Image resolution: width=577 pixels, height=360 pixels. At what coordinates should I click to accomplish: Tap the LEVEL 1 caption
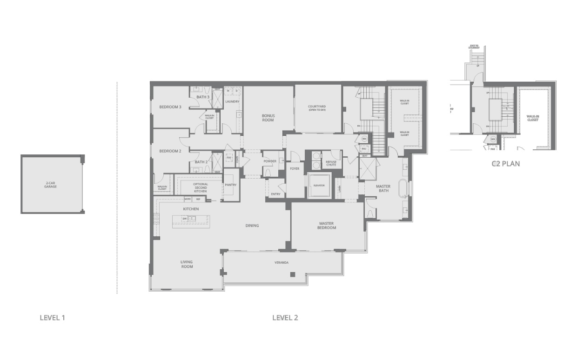coord(52,318)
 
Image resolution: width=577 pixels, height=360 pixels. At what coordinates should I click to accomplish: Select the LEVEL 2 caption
coord(285,318)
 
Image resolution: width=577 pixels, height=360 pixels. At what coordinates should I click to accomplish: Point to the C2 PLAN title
coord(505,164)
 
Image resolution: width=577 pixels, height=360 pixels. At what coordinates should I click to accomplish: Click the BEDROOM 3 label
coord(170,107)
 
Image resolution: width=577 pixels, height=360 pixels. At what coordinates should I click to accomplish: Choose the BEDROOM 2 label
coord(170,151)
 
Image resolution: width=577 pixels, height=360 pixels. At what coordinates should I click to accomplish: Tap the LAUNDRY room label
coord(232,101)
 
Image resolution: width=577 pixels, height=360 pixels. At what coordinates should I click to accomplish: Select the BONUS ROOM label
coord(268,118)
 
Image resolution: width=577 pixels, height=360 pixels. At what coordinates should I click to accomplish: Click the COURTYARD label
coord(317,108)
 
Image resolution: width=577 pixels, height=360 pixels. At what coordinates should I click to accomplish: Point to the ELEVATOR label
coord(319,185)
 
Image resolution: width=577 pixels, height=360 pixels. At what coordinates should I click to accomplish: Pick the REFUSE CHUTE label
coord(331,163)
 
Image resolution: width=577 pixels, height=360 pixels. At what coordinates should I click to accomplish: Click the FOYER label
coord(295,168)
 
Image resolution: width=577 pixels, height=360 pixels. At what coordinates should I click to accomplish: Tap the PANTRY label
coord(230,185)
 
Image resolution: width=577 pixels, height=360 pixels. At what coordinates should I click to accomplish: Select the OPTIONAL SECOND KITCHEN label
coord(200,187)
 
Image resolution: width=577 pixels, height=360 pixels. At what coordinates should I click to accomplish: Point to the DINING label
coord(252,226)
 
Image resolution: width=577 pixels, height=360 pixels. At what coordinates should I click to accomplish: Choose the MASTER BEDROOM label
coord(327,225)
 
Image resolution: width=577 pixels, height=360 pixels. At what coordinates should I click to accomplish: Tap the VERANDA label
coord(282,263)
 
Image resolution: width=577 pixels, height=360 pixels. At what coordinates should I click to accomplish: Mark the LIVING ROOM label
coord(187,264)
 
